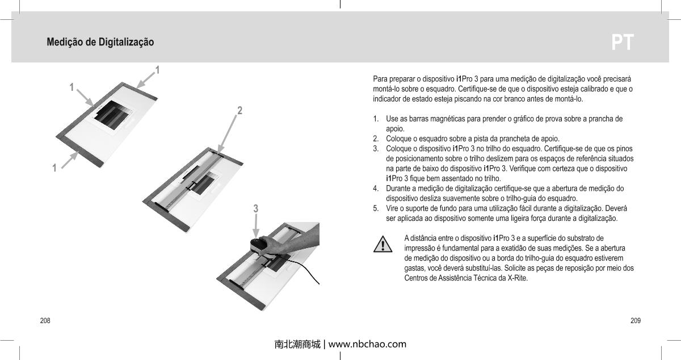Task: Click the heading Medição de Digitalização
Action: click(100, 43)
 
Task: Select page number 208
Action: click(44, 321)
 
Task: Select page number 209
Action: click(636, 321)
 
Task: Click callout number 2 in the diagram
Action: click(239, 110)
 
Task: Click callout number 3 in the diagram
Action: click(256, 209)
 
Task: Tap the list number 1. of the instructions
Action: click(376, 119)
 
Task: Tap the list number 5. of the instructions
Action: click(376, 208)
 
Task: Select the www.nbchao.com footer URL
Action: click(367, 344)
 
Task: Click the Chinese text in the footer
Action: click(297, 344)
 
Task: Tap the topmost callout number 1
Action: click(157, 70)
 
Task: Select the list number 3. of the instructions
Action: click(376, 149)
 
